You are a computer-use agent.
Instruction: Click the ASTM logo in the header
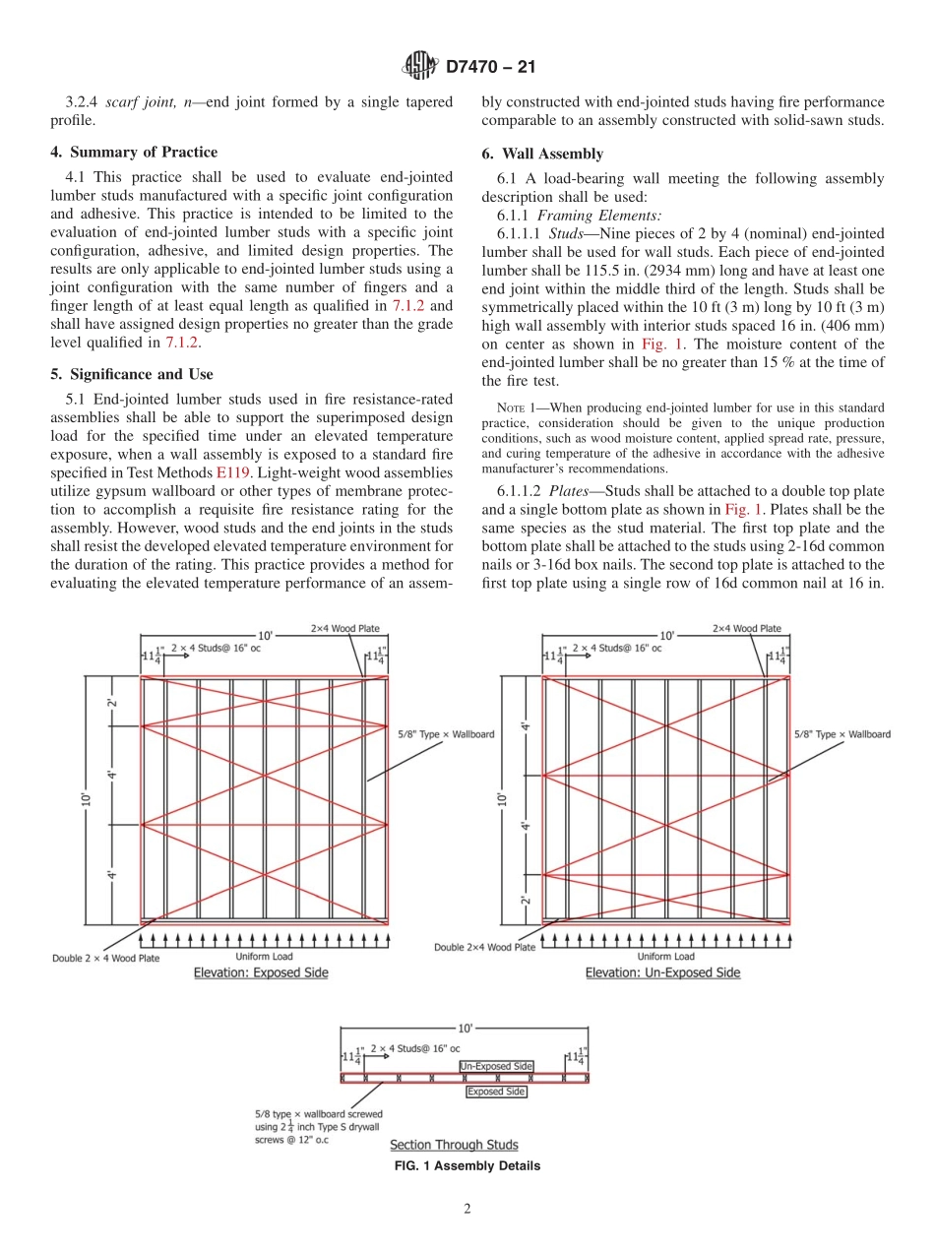click(x=419, y=67)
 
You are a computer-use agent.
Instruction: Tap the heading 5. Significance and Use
click(x=132, y=374)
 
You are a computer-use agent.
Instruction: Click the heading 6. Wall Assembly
click(x=542, y=154)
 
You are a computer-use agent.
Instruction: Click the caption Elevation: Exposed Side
click(x=261, y=972)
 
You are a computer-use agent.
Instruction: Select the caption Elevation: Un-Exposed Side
click(x=662, y=972)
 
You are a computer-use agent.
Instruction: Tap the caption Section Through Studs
click(x=454, y=1145)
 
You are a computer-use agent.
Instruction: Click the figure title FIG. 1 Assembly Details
click(x=467, y=1166)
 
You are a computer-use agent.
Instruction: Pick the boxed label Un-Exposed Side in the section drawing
click(x=496, y=1066)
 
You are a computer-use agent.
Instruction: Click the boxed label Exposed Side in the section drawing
click(x=496, y=1092)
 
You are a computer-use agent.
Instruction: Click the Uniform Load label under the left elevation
click(x=264, y=956)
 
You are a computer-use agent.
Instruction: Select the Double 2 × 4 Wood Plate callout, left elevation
click(x=105, y=958)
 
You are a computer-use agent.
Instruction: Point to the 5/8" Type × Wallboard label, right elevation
click(x=841, y=734)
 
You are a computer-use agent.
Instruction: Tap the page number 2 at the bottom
click(x=467, y=1210)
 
